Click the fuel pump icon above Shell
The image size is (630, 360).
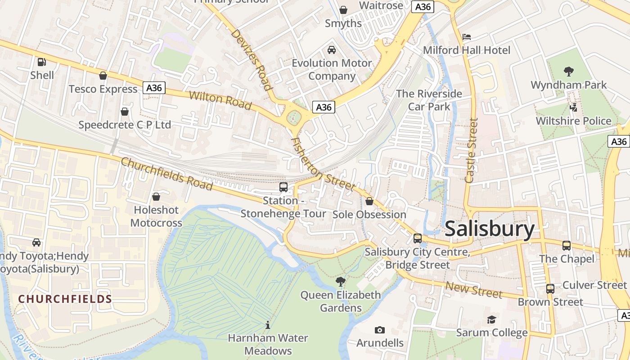click(x=41, y=62)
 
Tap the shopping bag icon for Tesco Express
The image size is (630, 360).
click(x=103, y=76)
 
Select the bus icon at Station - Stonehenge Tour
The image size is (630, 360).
click(x=283, y=187)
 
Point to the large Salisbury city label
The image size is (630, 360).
click(x=490, y=229)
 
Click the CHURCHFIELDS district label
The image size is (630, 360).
click(x=65, y=299)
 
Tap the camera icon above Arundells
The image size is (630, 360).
click(x=380, y=330)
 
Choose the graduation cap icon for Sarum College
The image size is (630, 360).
click(x=491, y=319)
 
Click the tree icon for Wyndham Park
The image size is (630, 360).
click(x=568, y=71)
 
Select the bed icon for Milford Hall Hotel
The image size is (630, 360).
click(x=467, y=36)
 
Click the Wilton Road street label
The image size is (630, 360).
click(x=220, y=100)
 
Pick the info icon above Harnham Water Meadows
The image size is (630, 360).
click(x=268, y=324)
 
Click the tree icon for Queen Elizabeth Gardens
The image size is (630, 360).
click(x=341, y=282)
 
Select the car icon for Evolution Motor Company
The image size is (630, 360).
click(x=332, y=49)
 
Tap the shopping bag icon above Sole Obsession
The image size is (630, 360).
click(x=369, y=201)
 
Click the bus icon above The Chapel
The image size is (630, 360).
click(x=567, y=246)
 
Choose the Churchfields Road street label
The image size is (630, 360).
click(x=166, y=174)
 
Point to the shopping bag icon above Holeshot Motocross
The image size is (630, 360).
click(x=156, y=197)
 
